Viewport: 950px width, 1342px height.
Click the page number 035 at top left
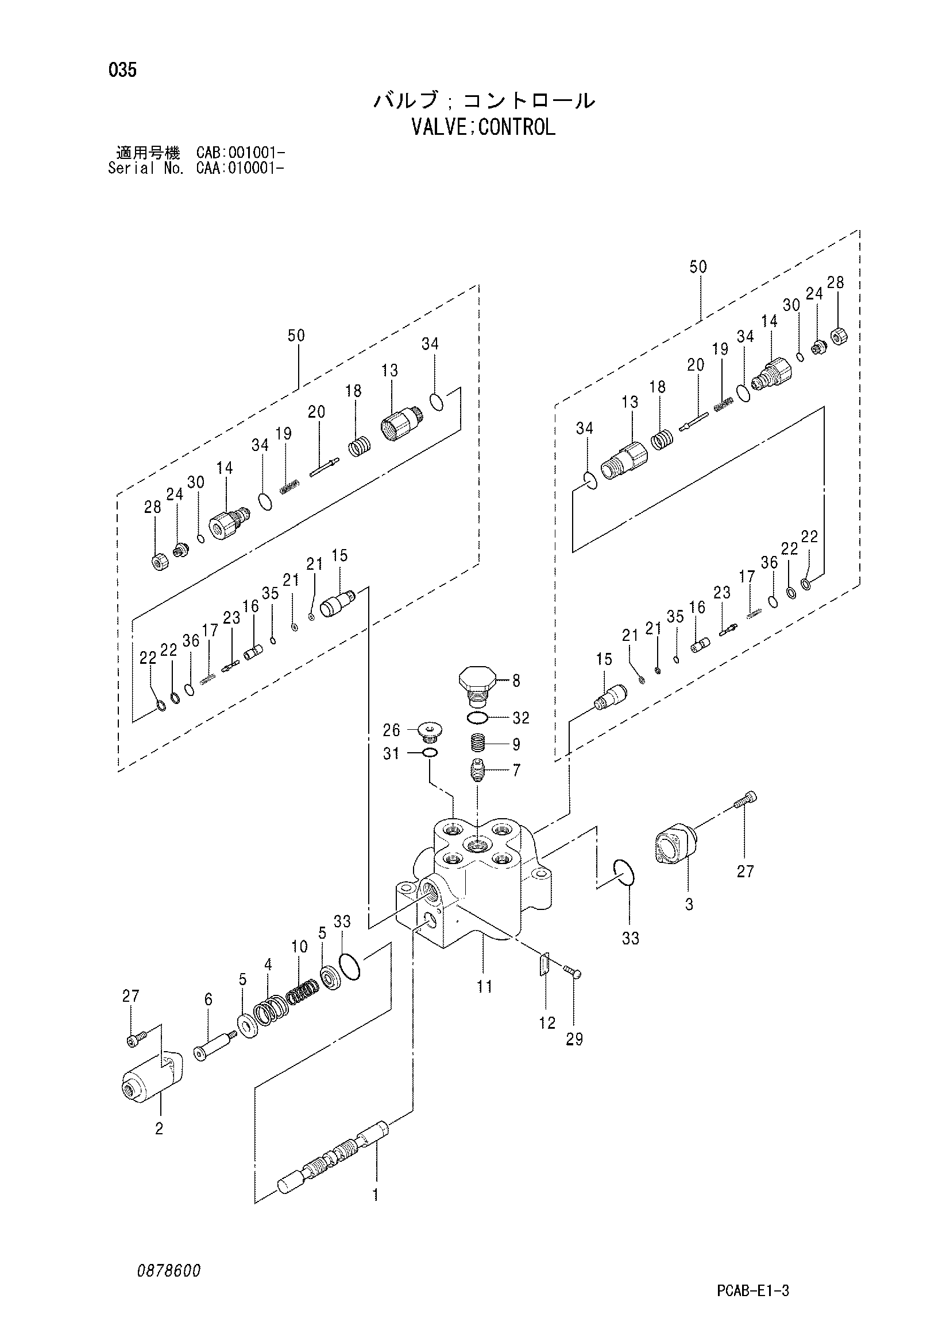click(x=122, y=70)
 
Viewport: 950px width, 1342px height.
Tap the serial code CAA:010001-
click(x=241, y=168)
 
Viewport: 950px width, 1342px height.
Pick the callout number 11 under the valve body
click(x=484, y=987)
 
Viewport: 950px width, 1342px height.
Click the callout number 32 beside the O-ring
click(x=520, y=718)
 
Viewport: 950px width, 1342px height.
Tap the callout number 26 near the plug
click(x=391, y=730)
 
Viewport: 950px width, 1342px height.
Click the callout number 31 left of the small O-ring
click(x=391, y=754)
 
